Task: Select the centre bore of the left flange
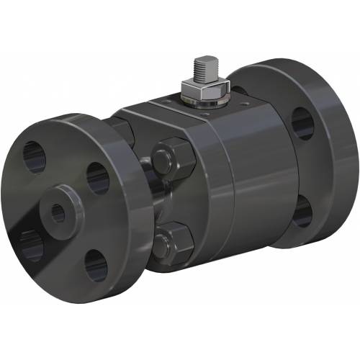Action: [x=58, y=212]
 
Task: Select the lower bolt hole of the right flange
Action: [x=302, y=212]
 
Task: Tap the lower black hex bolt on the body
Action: [x=174, y=241]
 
